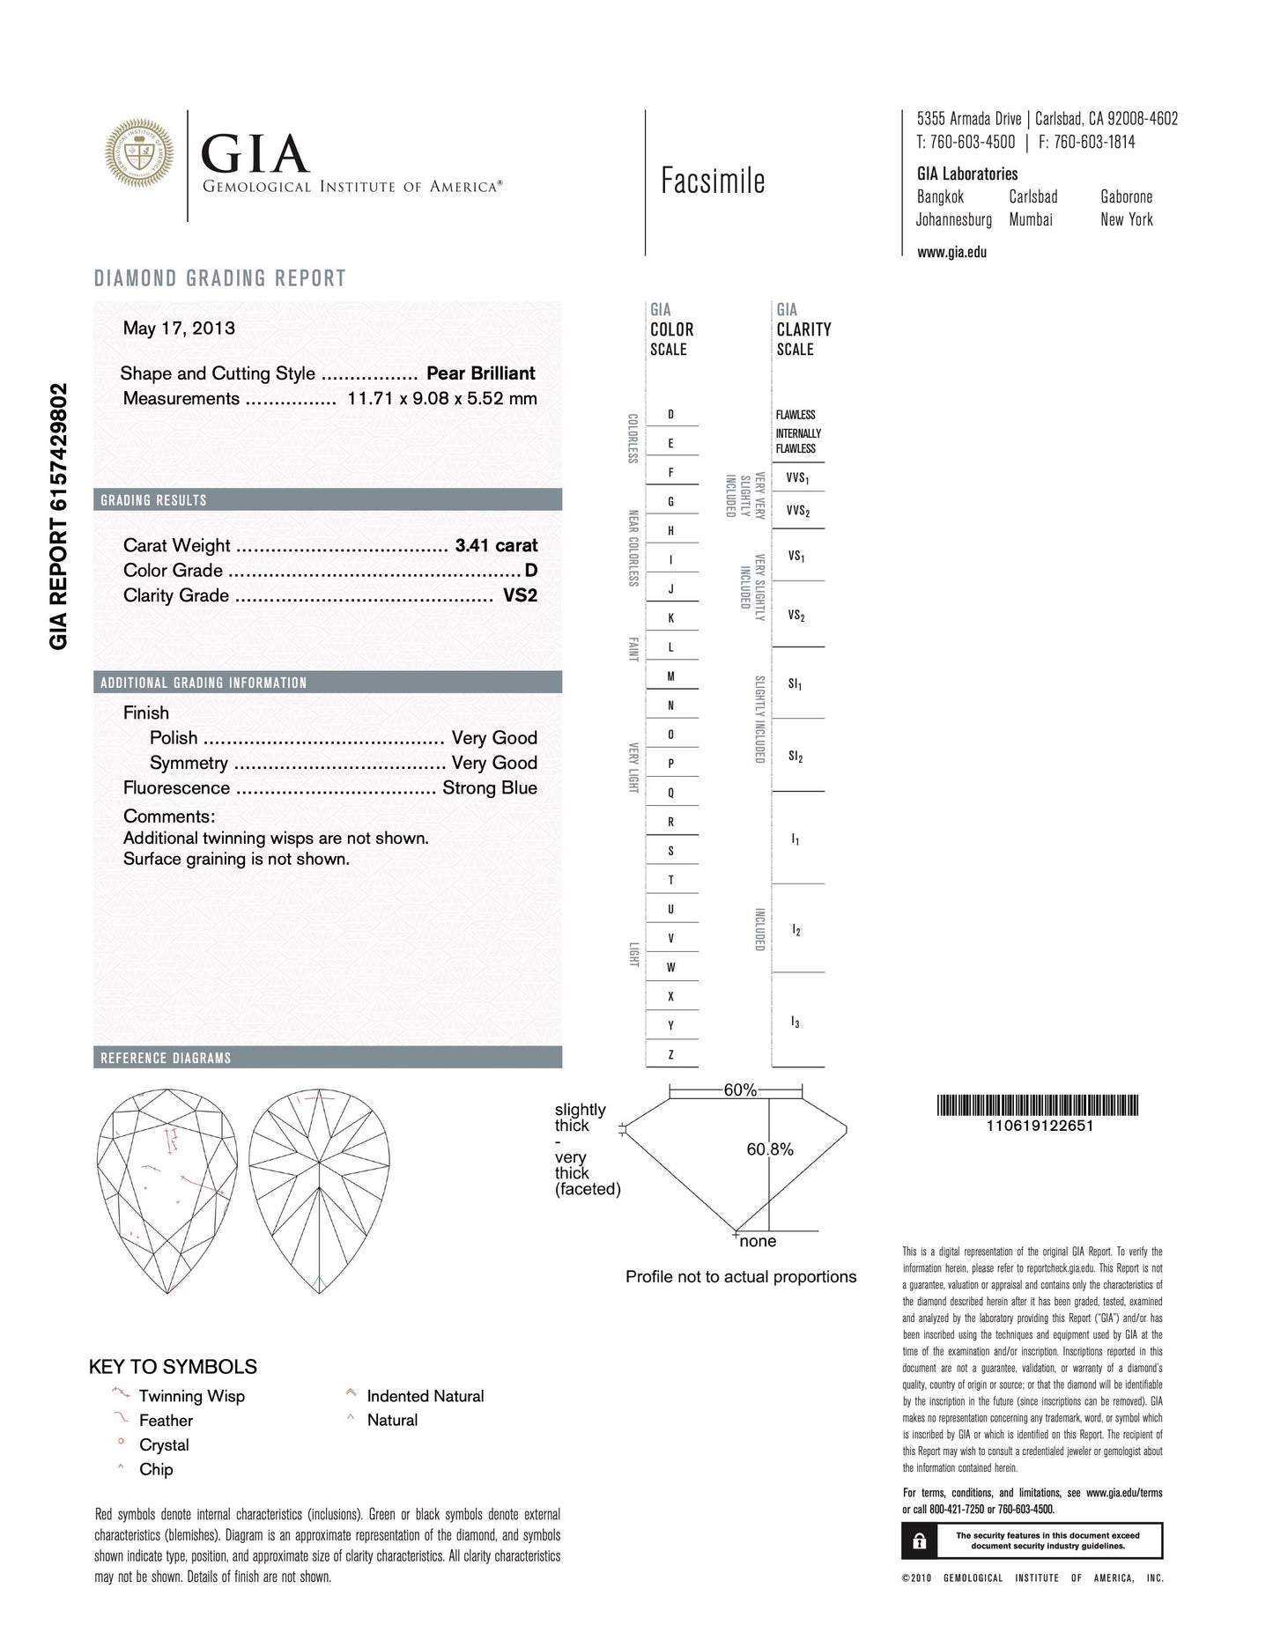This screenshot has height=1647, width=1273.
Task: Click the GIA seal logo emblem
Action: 139,153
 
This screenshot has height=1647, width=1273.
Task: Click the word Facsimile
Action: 713,181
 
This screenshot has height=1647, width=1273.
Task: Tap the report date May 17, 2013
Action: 179,329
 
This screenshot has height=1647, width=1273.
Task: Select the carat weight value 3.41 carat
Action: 496,546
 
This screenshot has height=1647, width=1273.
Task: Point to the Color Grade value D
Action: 530,571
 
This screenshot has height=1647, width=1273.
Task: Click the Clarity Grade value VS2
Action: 520,595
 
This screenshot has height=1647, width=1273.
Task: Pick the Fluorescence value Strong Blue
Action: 490,788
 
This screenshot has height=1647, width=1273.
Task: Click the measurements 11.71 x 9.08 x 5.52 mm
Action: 442,398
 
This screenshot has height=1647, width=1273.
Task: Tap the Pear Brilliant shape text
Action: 481,373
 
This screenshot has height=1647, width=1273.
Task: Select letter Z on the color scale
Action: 671,1054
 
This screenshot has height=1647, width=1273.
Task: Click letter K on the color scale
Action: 671,618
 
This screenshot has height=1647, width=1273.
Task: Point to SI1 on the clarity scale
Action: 796,683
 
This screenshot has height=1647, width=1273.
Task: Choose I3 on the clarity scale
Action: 796,1022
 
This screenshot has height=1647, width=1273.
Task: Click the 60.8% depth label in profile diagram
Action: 770,1149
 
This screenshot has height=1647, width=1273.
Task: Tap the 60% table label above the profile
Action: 740,1090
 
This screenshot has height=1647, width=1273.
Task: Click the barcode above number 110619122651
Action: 1038,1105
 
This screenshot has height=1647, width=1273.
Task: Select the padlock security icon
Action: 919,1541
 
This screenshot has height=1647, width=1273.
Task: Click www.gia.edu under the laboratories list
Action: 951,253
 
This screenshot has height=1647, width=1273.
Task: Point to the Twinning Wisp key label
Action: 191,1396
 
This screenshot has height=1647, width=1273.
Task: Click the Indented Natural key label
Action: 426,1396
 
